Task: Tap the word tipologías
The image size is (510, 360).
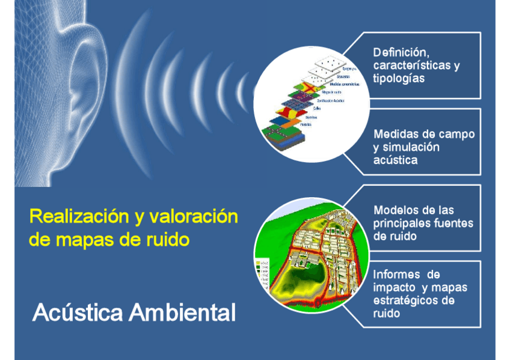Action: tap(399, 79)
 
